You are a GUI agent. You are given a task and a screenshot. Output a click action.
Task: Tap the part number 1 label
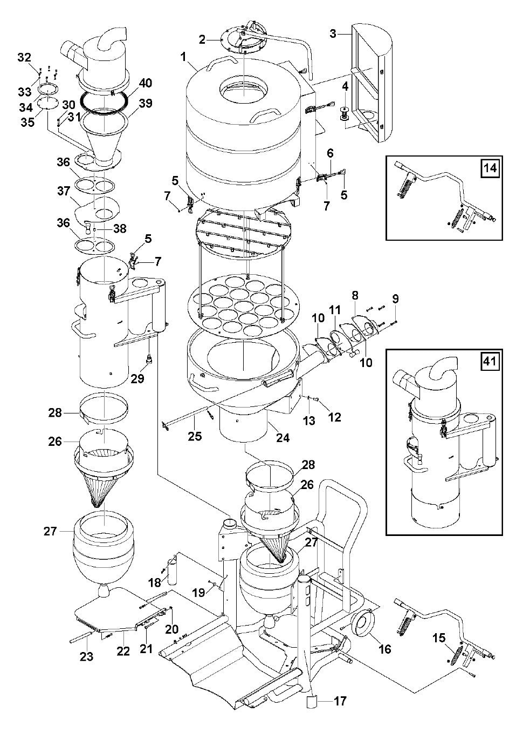coord(183,57)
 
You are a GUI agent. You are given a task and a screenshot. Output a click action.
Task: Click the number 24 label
coord(283,438)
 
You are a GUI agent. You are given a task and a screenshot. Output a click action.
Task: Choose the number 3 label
coord(334,33)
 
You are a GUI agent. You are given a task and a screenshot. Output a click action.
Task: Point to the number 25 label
coord(195,436)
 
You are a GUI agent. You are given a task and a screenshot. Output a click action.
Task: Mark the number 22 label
coord(123,651)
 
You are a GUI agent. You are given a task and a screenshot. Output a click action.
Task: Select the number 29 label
coord(137,378)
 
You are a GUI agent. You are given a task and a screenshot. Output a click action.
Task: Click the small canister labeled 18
coord(173,573)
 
